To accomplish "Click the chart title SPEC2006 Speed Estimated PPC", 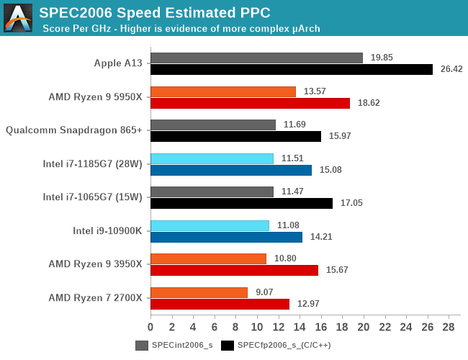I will [155, 12].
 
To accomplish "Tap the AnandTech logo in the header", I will [18, 17].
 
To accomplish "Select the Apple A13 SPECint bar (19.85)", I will [256, 58].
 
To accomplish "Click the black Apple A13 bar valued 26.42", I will [292, 69].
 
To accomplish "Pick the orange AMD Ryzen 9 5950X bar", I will [223, 91].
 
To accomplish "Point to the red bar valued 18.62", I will [250, 103].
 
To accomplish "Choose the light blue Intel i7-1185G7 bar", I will [212, 158].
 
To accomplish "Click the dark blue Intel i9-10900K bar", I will [226, 237].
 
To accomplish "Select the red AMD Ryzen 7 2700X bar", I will [220, 304].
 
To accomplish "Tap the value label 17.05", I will [351, 204].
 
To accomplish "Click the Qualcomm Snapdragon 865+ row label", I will [73, 130].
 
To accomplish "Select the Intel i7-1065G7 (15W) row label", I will [92, 197].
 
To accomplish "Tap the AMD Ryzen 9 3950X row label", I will [95, 264].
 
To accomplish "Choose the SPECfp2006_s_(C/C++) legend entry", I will [274, 346].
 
